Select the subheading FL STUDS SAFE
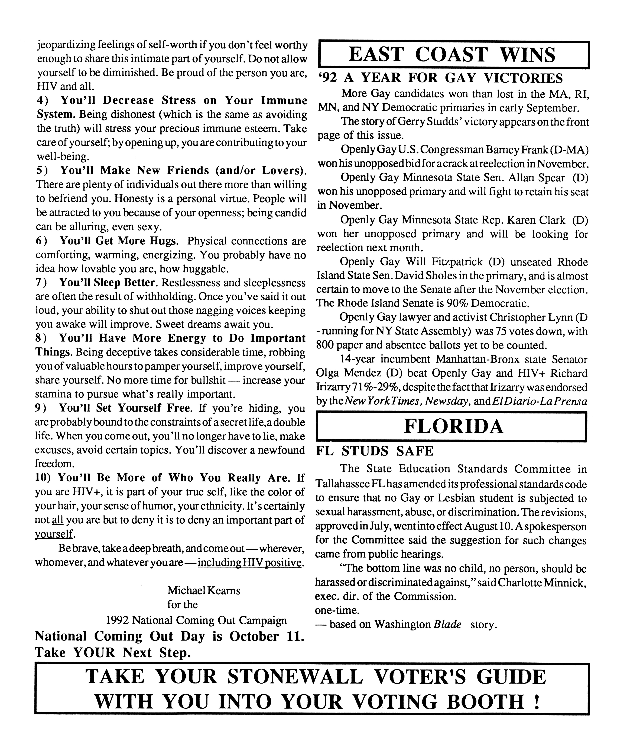375,451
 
